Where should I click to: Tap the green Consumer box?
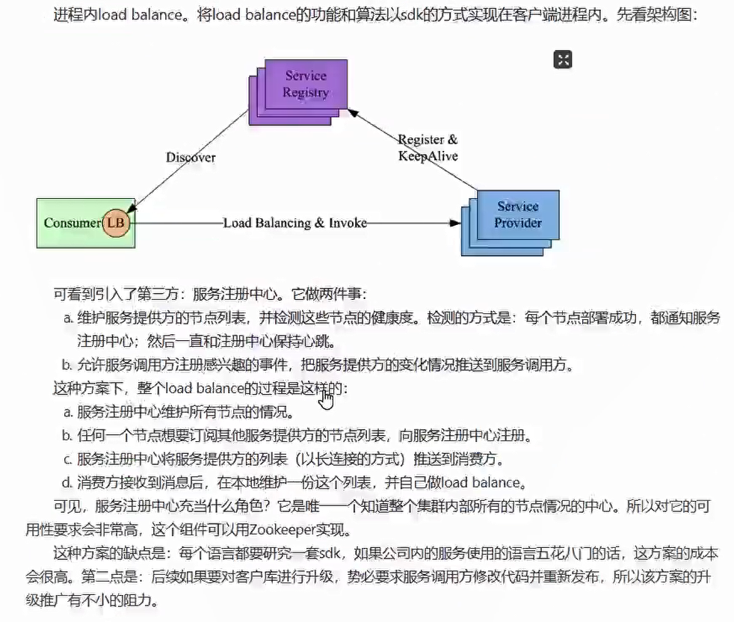click(72, 223)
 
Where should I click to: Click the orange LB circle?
click(116, 223)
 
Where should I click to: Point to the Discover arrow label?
click(191, 157)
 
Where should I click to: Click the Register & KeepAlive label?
click(428, 148)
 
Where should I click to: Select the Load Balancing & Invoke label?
click(294, 223)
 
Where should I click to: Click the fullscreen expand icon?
click(563, 60)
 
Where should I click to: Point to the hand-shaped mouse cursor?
click(326, 399)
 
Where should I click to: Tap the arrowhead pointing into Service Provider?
click(454, 223)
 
